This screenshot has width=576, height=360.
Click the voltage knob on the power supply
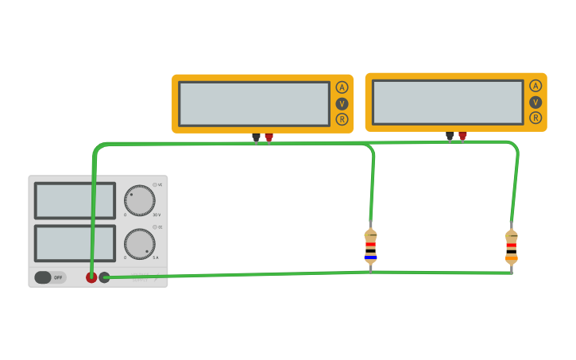[140, 200]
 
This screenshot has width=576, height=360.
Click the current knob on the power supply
[140, 244]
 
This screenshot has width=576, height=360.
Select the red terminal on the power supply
[91, 277]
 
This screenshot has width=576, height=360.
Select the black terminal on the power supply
[104, 277]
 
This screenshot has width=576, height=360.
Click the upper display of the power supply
[75, 200]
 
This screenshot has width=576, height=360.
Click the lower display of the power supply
[75, 243]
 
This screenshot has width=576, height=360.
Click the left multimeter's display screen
[253, 103]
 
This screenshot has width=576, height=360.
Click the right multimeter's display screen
[447, 102]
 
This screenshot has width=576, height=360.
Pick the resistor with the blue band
[370, 246]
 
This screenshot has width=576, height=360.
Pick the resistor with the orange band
[511, 247]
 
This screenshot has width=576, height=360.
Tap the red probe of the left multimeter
[269, 137]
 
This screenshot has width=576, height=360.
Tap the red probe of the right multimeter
[462, 136]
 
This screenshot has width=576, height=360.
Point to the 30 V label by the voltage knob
[157, 215]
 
